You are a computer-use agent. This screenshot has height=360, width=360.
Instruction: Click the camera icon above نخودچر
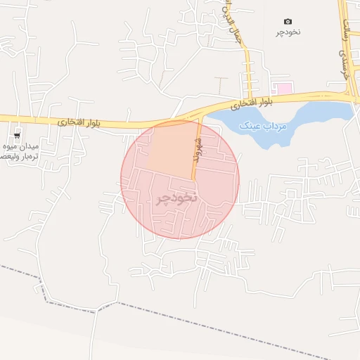(288, 22)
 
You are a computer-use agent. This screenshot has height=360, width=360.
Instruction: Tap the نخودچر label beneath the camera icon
(288, 33)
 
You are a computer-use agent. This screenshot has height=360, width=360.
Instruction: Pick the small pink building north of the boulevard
(284, 89)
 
